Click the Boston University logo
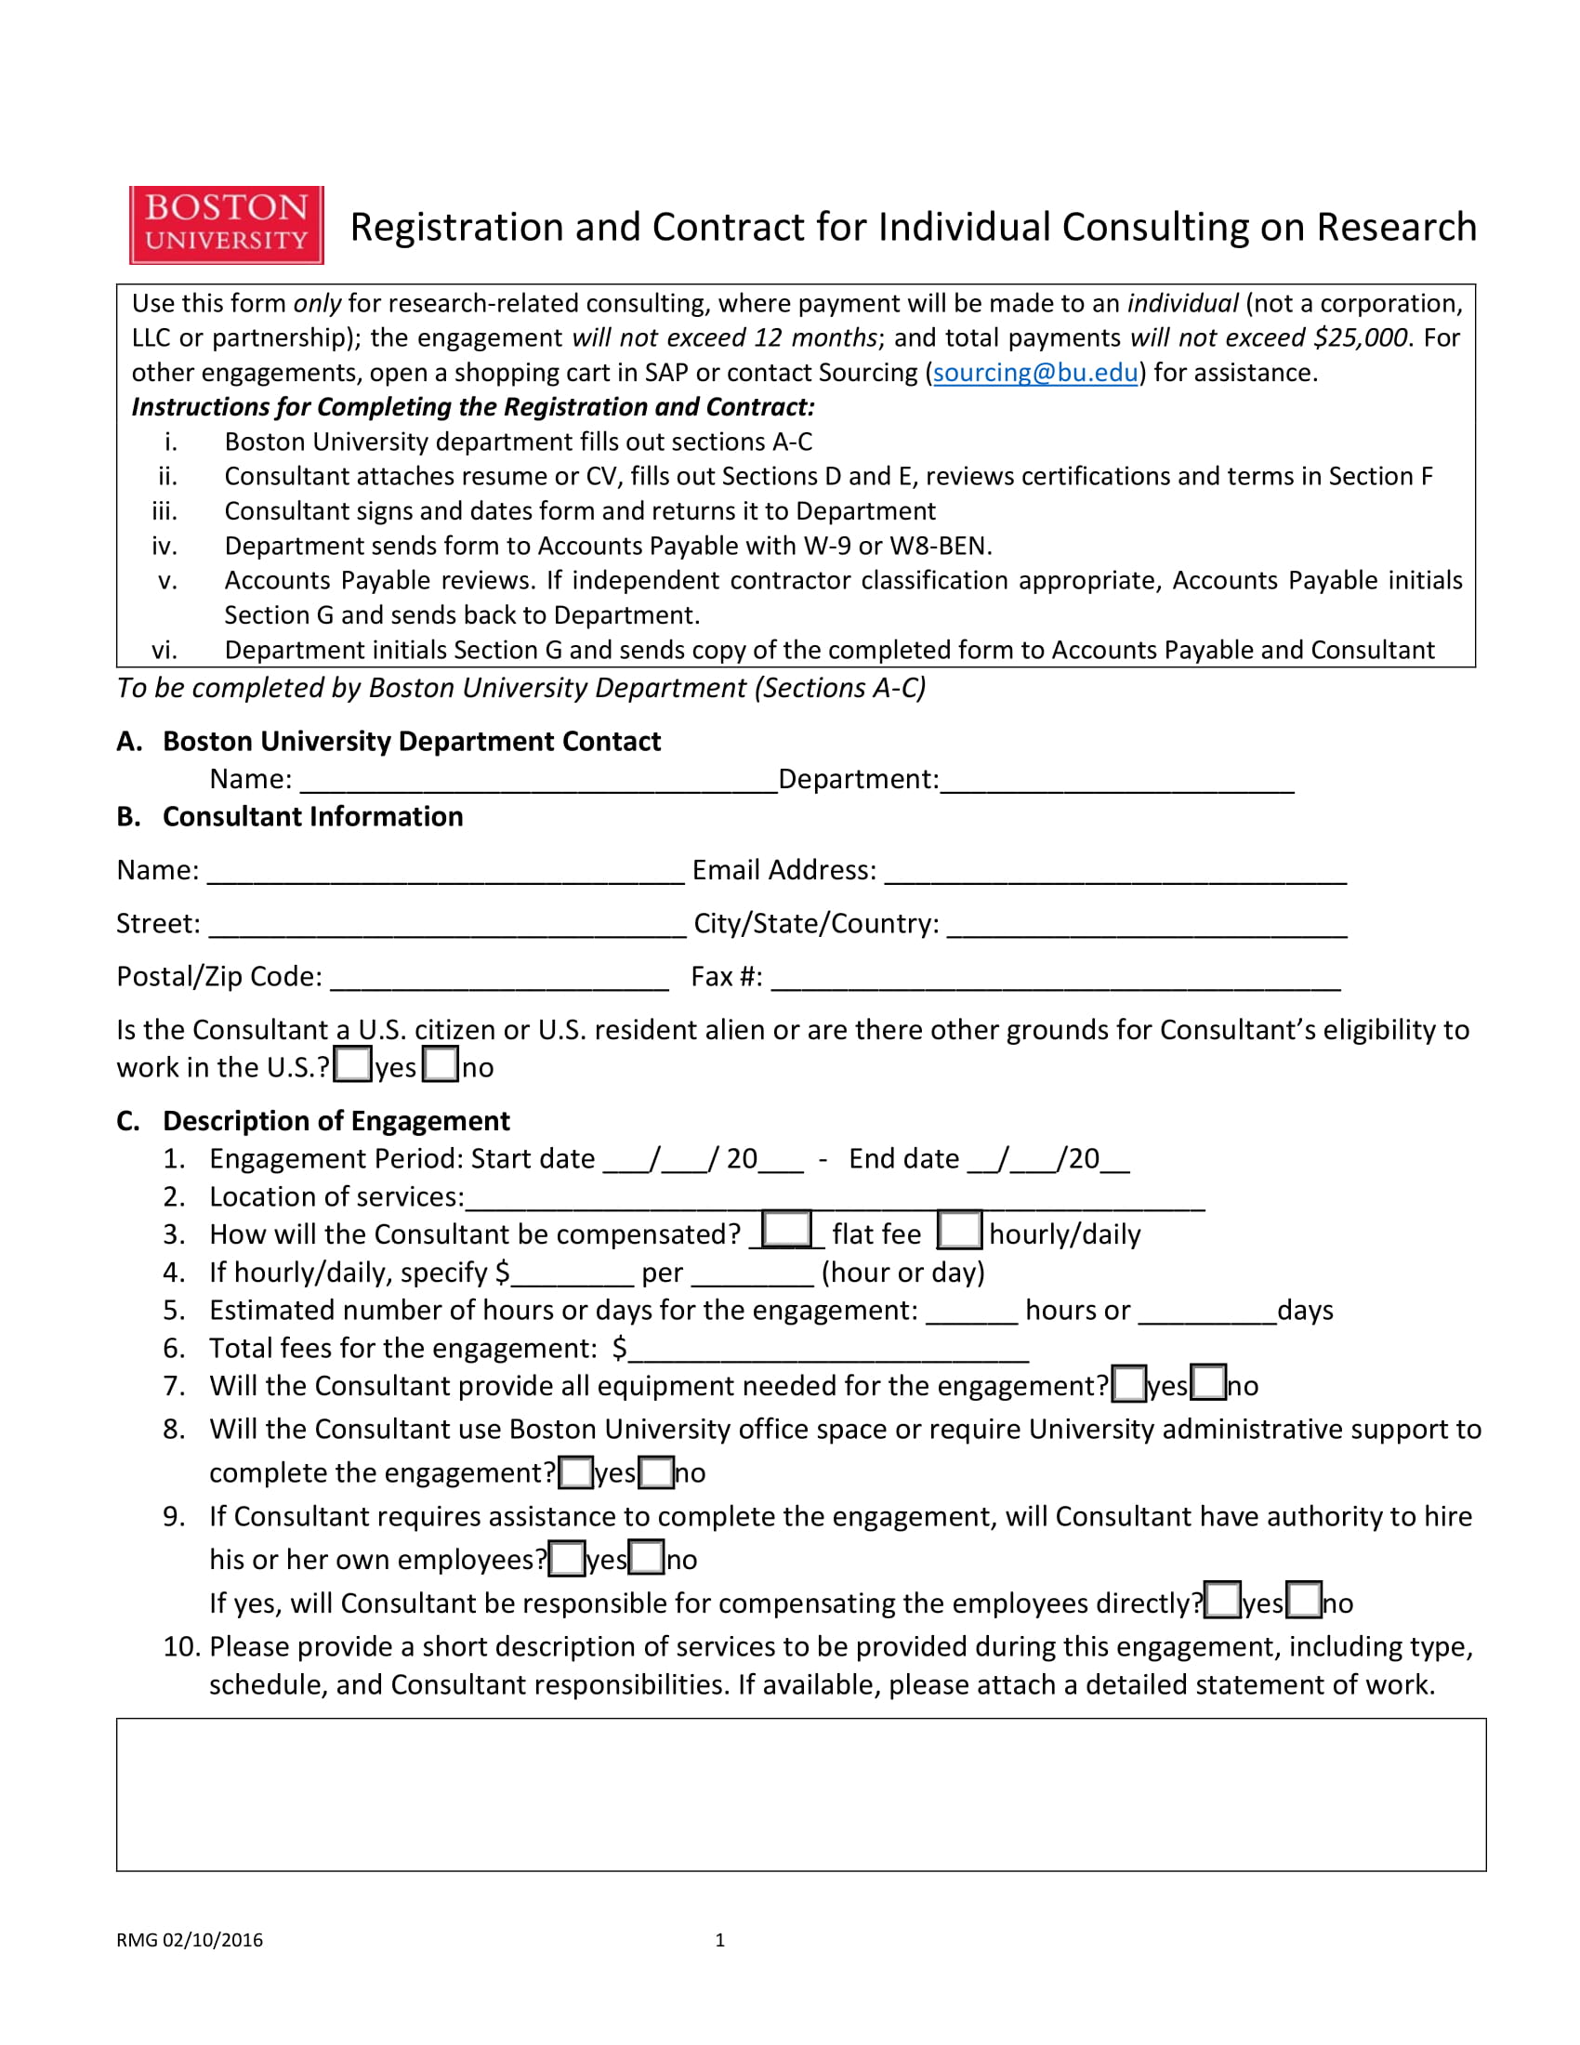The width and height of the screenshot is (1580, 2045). [227, 225]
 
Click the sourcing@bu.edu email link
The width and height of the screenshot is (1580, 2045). [1035, 373]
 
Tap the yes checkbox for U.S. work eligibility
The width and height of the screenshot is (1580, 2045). [353, 1064]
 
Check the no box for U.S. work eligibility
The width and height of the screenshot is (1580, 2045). [440, 1064]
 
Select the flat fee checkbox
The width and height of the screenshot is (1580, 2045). [786, 1230]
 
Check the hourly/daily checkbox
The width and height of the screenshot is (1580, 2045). [959, 1231]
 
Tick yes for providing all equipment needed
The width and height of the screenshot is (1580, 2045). [1129, 1384]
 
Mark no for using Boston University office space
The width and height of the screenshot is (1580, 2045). [656, 1472]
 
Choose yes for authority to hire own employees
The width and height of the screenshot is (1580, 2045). [566, 1559]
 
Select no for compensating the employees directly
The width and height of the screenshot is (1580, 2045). [1304, 1601]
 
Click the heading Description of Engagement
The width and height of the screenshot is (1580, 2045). [336, 1121]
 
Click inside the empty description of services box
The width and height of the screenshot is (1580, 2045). [800, 1794]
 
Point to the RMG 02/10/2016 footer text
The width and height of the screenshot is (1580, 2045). [189, 1940]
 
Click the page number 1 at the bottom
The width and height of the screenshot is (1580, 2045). [719, 1940]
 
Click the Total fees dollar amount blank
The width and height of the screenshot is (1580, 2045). [828, 1352]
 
